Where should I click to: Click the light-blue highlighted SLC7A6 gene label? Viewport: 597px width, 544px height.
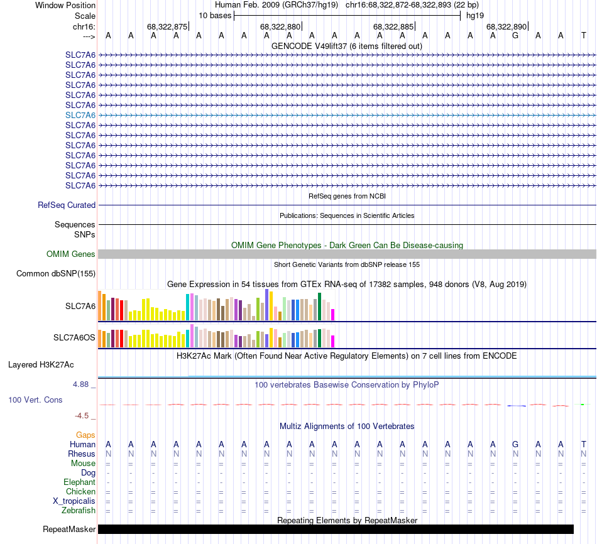tap(80, 115)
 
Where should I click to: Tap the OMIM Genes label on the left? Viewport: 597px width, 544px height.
tap(71, 254)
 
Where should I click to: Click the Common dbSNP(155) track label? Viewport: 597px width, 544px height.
tap(56, 273)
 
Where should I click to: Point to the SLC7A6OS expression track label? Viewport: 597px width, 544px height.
tap(74, 338)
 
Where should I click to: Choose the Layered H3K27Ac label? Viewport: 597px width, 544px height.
tap(41, 364)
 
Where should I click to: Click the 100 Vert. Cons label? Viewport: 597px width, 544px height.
tap(35, 400)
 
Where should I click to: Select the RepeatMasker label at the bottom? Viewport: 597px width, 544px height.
tap(69, 530)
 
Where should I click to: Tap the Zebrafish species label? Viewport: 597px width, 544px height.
tap(79, 511)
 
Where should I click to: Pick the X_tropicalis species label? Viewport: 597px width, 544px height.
tap(74, 501)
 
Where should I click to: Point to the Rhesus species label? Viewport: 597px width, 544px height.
tap(82, 454)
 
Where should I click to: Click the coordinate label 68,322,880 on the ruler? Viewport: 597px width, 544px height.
tap(280, 26)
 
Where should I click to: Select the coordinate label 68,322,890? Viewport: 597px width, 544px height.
tap(506, 26)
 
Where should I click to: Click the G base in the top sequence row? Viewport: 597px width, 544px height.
tap(515, 36)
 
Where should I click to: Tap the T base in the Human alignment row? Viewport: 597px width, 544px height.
tap(584, 444)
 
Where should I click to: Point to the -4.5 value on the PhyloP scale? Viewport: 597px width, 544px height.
tap(85, 415)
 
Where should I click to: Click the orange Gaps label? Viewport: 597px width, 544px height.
tap(85, 435)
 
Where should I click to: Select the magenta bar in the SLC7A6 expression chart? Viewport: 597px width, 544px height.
tap(333, 314)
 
